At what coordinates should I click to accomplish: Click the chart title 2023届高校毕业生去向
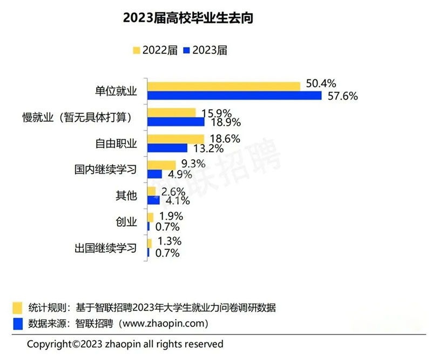point(188,18)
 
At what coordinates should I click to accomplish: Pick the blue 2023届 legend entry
point(205,50)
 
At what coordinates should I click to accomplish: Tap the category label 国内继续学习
point(106,169)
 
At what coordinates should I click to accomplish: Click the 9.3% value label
point(192,164)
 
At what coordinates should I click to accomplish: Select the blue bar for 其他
point(152,200)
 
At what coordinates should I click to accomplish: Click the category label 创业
point(127,221)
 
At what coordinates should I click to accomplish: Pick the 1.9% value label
point(168,216)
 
